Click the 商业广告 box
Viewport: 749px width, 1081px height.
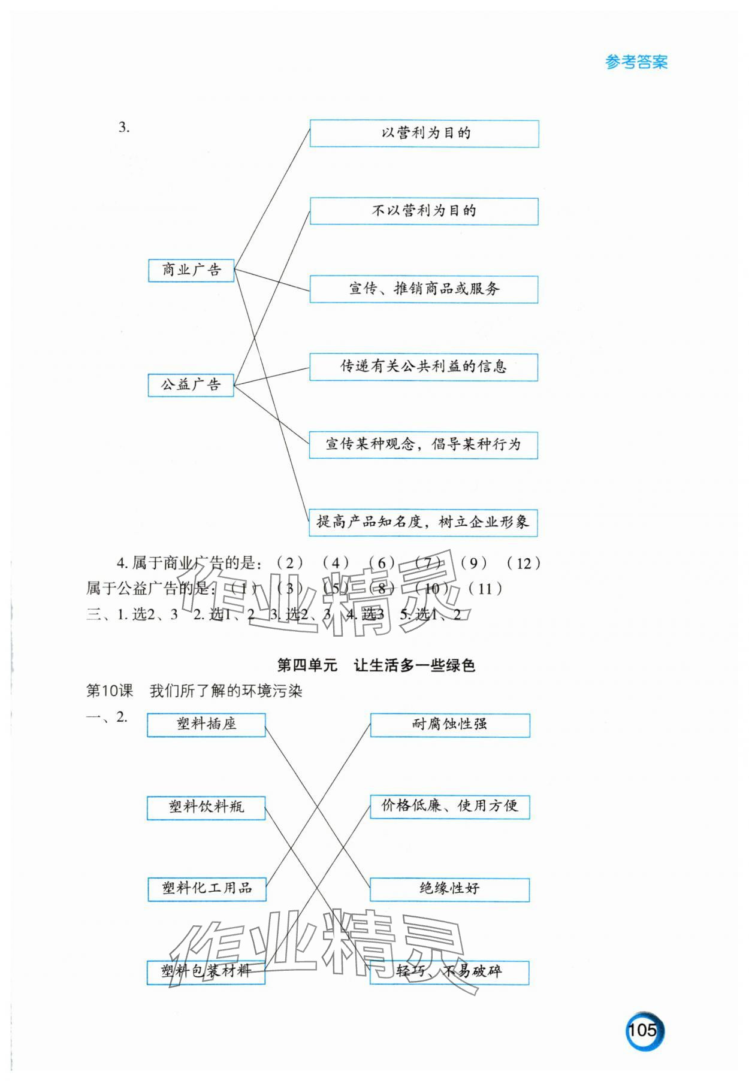pyautogui.click(x=191, y=270)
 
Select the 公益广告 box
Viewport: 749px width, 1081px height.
pyautogui.click(x=191, y=384)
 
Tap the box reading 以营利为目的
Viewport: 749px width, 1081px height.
pyautogui.click(x=424, y=134)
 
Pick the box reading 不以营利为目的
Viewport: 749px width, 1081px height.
pyautogui.click(x=424, y=211)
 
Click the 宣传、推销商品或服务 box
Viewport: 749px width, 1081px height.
pyautogui.click(x=424, y=289)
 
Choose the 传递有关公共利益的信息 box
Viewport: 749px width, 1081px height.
pyautogui.click(x=424, y=367)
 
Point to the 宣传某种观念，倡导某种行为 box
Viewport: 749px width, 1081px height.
pyautogui.click(x=424, y=445)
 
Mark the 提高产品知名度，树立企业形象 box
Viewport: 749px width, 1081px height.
pyautogui.click(x=423, y=522)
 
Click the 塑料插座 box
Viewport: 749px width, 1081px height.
pyautogui.click(x=206, y=725)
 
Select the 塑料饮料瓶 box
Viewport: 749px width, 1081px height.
pyautogui.click(x=206, y=807)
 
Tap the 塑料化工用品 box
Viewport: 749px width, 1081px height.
pyautogui.click(x=207, y=889)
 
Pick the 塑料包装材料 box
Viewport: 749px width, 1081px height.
pyautogui.click(x=206, y=971)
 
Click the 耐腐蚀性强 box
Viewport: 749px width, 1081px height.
pyautogui.click(x=450, y=725)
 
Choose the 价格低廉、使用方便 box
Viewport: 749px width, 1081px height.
pyautogui.click(x=450, y=807)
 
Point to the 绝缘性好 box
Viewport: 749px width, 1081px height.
pyautogui.click(x=449, y=889)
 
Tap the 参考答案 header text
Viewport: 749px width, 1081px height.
pyautogui.click(x=636, y=62)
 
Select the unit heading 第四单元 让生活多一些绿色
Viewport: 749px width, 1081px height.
pyautogui.click(x=376, y=665)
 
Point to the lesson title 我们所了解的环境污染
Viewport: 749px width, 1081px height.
pyautogui.click(x=226, y=691)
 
